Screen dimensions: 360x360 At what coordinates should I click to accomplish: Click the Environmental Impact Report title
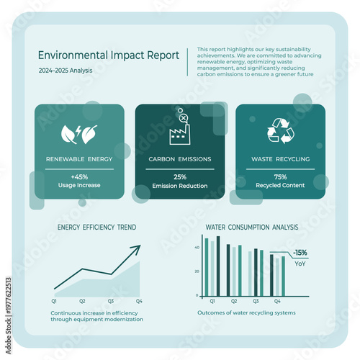pyautogui.click(x=107, y=55)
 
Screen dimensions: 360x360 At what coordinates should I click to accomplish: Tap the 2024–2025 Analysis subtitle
pyautogui.click(x=66, y=71)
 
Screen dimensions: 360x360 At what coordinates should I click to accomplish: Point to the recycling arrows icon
pyautogui.click(x=281, y=131)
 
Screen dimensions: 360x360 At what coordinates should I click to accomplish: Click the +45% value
pyautogui.click(x=79, y=176)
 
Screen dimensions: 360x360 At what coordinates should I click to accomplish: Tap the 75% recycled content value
pyautogui.click(x=281, y=176)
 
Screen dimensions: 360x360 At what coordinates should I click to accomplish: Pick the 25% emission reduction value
pyautogui.click(x=180, y=176)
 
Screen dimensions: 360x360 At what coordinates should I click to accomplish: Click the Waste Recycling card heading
pyautogui.click(x=281, y=158)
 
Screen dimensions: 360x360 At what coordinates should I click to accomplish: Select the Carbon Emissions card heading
pyautogui.click(x=180, y=158)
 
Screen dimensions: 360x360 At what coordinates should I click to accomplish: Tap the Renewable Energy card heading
pyautogui.click(x=79, y=158)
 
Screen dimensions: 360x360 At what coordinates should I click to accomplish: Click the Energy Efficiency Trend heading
pyautogui.click(x=96, y=228)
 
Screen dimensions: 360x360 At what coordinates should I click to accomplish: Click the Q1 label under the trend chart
pyautogui.click(x=54, y=300)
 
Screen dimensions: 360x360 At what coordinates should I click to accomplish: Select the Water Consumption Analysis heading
pyautogui.click(x=252, y=228)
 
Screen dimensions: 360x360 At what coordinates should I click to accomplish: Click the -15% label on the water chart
pyautogui.click(x=300, y=253)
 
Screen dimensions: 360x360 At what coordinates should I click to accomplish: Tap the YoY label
pyautogui.click(x=300, y=264)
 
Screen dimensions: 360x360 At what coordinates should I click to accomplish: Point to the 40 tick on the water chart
pyautogui.click(x=197, y=247)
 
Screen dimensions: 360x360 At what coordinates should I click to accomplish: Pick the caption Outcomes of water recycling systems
pyautogui.click(x=247, y=313)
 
